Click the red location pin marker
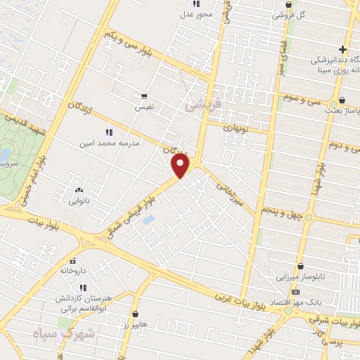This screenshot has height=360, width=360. click(x=181, y=166)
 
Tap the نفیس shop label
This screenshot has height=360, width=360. click(x=144, y=108)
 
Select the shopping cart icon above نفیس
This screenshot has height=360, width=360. click(x=144, y=97)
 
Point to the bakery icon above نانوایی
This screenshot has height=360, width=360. click(x=79, y=190)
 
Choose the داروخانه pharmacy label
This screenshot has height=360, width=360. click(x=73, y=269)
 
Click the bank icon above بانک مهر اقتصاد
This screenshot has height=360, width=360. click(x=295, y=292)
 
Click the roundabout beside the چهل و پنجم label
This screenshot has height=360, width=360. click(x=308, y=217)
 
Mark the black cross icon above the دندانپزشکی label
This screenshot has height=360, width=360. click(x=342, y=49)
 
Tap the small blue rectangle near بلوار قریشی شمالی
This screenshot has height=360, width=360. click(x=148, y=220)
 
